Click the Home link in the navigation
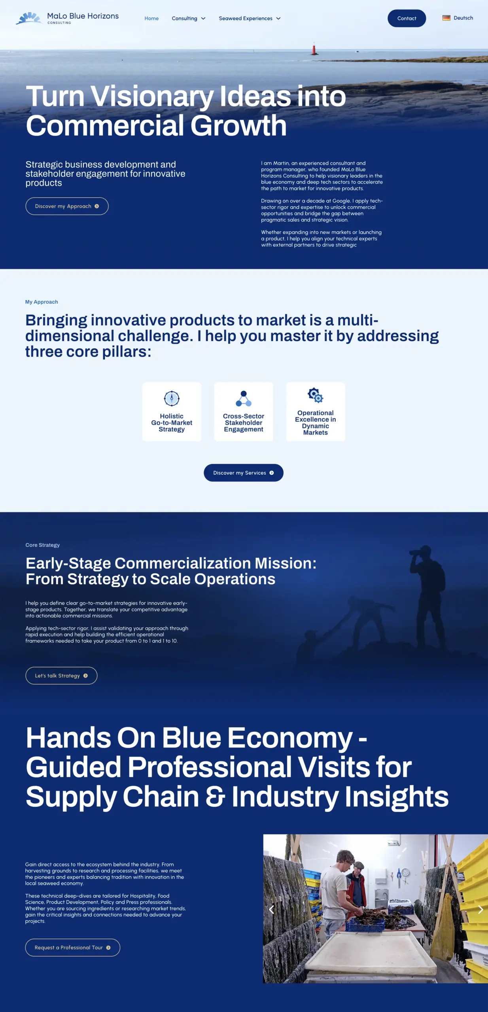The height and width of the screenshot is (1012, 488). pos(151,19)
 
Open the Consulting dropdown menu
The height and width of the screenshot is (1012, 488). pos(189,19)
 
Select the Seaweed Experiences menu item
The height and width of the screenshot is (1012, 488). pos(250,19)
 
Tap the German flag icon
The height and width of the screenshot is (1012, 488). pos(446,18)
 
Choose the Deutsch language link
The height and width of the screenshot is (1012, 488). pos(463,18)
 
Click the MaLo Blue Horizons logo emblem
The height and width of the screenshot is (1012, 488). pos(29,18)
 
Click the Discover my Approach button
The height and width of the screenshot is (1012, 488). pos(67,206)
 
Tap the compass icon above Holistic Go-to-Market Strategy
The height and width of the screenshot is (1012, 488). pos(172,398)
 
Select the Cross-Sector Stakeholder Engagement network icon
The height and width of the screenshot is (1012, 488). pos(244,398)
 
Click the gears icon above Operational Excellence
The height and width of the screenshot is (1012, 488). pos(316,395)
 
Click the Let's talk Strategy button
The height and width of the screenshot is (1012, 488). pos(61,676)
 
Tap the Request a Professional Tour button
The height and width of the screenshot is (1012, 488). pos(72,948)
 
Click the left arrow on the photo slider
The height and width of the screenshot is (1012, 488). pos(271,909)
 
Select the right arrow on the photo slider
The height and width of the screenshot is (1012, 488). pos(480,909)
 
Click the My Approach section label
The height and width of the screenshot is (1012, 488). pos(42,302)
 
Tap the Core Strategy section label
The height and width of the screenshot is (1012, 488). pos(43,545)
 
